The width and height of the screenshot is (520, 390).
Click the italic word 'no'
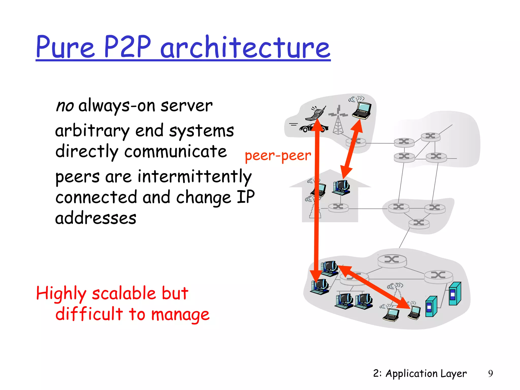coord(65,106)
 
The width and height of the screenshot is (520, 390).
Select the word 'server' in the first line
coord(187,106)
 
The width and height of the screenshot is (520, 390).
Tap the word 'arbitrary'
coord(92,131)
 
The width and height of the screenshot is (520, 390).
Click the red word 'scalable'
coord(124,293)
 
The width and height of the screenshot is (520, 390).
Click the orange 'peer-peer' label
coord(278,155)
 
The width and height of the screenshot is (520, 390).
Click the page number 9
coord(490,373)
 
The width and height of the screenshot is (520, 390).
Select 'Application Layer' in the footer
coord(426,373)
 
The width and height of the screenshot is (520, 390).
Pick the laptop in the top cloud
coord(362,110)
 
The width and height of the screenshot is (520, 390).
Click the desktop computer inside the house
coord(341,188)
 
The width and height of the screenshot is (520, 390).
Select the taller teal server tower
coord(455,294)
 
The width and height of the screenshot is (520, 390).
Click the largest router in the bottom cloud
coord(392,261)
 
